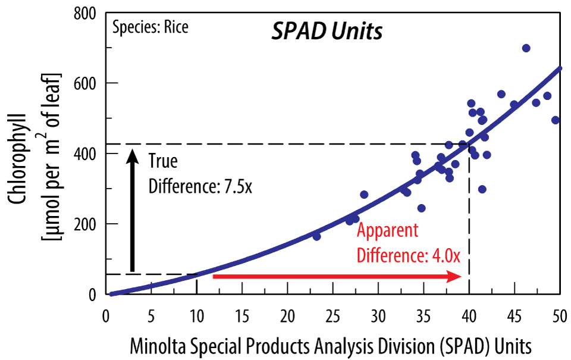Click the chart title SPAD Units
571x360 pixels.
(x=327, y=32)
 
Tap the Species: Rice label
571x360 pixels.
(x=150, y=27)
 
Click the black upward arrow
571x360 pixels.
(x=133, y=211)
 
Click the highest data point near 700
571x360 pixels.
(x=526, y=48)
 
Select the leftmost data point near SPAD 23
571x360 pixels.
(x=316, y=236)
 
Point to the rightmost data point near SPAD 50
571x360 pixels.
(x=556, y=120)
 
